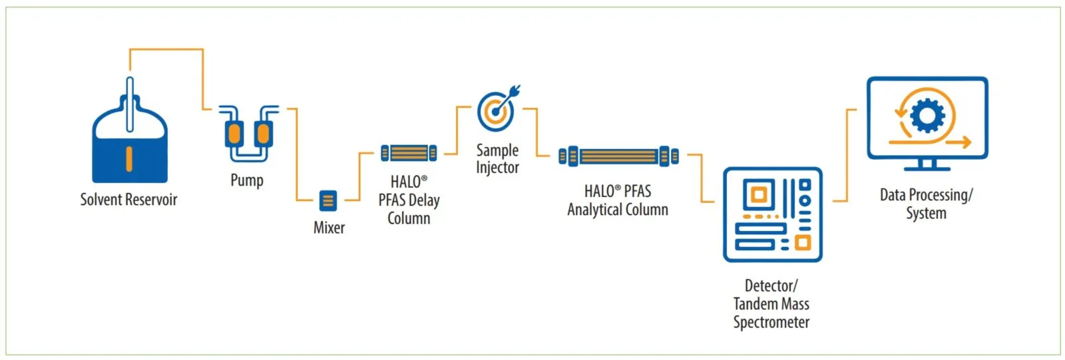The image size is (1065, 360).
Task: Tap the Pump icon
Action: click(248, 133)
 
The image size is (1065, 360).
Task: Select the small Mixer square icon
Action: click(328, 200)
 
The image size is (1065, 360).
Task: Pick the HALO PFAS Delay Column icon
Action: click(409, 153)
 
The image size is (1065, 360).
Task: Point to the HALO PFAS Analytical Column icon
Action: click(618, 156)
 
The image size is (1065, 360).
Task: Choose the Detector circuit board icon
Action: click(772, 214)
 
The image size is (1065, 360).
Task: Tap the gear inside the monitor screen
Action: click(927, 116)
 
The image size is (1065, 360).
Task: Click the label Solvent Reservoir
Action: click(128, 200)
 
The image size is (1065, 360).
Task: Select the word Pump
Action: click(247, 180)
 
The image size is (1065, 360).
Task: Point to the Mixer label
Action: click(329, 228)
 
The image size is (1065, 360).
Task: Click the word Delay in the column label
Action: click(423, 200)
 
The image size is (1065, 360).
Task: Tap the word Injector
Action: click(497, 168)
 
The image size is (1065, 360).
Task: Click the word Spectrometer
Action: click(771, 323)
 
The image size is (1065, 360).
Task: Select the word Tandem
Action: click(754, 304)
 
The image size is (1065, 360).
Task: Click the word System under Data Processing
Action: click(926, 214)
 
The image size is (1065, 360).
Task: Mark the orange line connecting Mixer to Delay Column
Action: click(359, 176)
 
